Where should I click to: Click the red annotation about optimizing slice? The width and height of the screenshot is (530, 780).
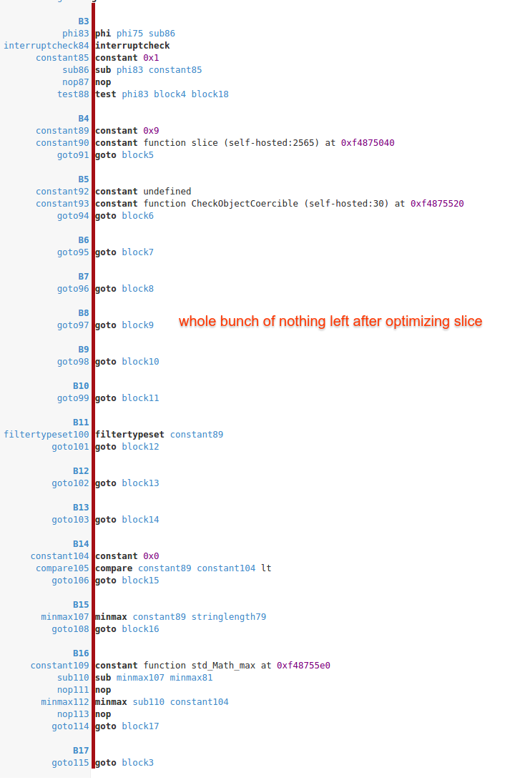point(330,322)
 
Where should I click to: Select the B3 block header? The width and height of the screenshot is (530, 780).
point(83,21)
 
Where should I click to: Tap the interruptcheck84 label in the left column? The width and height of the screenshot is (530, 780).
point(46,46)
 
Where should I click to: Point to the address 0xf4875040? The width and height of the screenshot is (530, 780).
point(368,143)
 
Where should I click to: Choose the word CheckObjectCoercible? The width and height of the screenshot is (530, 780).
point(245,204)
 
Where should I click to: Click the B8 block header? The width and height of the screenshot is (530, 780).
point(83,313)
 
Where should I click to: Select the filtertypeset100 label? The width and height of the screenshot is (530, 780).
point(46,435)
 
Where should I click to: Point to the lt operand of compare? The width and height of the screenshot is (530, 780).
point(266,568)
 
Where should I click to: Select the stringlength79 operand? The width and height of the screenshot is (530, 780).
point(228,617)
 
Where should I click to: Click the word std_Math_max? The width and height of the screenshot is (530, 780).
point(223,666)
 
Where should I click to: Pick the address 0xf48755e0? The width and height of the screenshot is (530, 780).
point(303,666)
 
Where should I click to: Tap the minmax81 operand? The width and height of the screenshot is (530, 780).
point(191,678)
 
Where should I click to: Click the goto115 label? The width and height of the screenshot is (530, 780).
point(70,763)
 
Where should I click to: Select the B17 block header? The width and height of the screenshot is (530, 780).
point(81,751)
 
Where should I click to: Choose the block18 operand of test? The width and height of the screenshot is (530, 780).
point(210,94)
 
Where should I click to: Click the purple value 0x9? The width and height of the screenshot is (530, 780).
point(151,131)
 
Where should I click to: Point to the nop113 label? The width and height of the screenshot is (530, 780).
point(73,714)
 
